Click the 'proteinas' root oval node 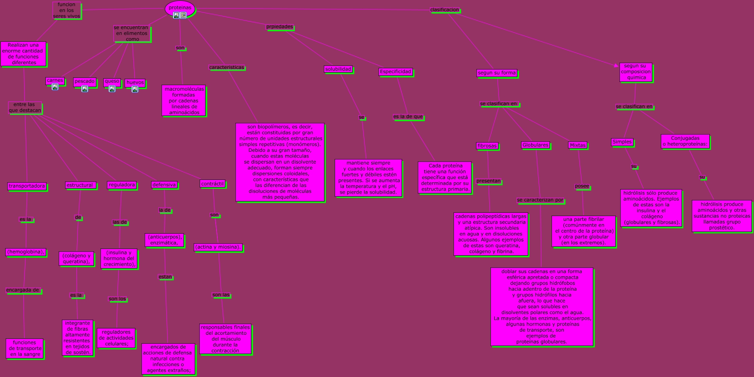180,8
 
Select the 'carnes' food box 55,81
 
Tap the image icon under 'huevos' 135,89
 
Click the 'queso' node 112,82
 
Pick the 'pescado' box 85,82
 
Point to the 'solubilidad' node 338,69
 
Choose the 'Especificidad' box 396,72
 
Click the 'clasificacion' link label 444,10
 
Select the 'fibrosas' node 487,146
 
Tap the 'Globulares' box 535,145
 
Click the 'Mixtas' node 578,145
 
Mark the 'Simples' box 622,142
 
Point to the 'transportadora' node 27,186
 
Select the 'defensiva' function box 164,185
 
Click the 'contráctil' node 213,184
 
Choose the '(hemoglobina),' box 26,252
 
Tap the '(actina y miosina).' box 218,247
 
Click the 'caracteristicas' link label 227,68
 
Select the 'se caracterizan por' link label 540,200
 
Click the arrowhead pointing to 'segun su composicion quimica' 617,65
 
